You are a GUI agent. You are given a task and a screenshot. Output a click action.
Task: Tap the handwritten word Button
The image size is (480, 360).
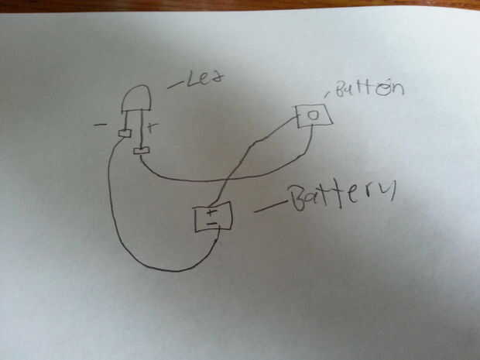(372, 90)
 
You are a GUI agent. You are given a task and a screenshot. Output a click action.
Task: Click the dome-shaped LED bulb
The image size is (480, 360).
(136, 98)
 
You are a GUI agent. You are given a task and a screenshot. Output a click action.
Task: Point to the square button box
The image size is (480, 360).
(314, 116)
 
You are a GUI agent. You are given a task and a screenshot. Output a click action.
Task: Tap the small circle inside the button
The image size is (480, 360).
(314, 116)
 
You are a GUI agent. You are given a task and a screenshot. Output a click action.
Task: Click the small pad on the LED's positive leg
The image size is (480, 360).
(141, 149)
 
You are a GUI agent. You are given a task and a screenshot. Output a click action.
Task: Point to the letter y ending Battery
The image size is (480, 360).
(387, 192)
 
